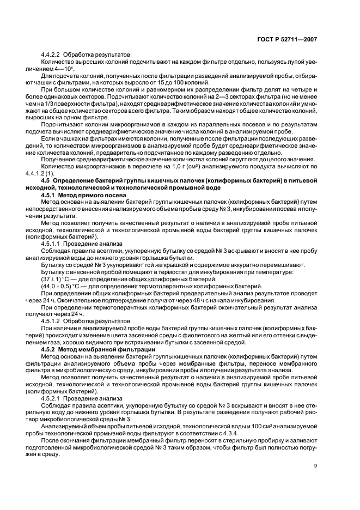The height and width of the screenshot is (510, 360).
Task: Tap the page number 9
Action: tap(315, 465)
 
